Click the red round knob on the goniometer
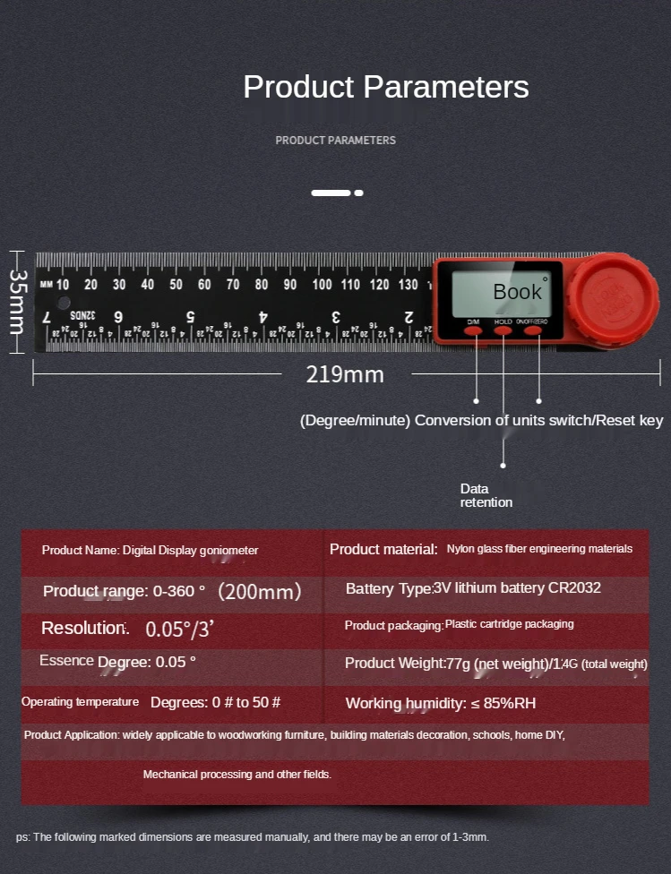[615, 295]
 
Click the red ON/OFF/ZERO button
[533, 330]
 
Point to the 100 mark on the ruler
[322, 285]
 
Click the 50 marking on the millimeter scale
[176, 285]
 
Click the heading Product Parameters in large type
[386, 87]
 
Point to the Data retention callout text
[486, 495]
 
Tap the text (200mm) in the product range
[260, 591]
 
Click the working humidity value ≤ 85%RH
[503, 703]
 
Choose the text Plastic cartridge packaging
[509, 624]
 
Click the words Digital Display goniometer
[190, 550]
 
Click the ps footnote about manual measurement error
[253, 837]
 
